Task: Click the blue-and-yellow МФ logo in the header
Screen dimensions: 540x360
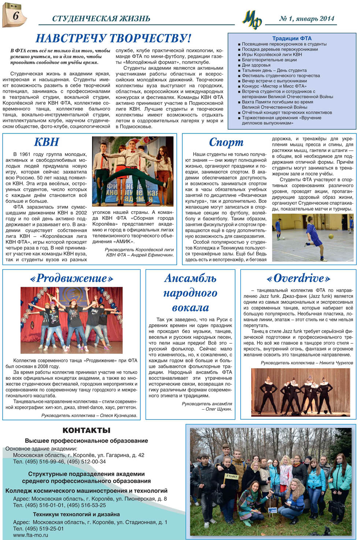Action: (x=252, y=19)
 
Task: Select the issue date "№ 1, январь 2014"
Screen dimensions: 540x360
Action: (x=307, y=19)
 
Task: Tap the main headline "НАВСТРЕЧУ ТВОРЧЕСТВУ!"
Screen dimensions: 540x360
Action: (x=113, y=38)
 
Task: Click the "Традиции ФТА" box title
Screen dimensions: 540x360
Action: (x=292, y=38)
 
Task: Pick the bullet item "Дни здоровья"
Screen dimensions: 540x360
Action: (x=256, y=65)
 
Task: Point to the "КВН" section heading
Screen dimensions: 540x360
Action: (x=47, y=142)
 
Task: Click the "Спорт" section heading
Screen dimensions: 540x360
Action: (x=226, y=142)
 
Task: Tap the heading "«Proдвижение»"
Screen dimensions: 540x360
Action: (x=71, y=278)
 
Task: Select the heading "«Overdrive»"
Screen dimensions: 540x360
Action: (x=298, y=278)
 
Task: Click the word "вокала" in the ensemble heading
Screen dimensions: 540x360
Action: (x=190, y=307)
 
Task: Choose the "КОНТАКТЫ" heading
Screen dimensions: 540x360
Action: (x=86, y=430)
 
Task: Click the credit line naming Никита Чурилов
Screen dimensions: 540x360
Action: (x=307, y=363)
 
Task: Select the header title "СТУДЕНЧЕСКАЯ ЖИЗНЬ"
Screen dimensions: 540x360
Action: (x=101, y=19)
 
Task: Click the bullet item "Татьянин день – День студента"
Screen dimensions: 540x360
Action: (x=274, y=70)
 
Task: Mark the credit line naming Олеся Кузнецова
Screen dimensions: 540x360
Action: (x=89, y=415)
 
